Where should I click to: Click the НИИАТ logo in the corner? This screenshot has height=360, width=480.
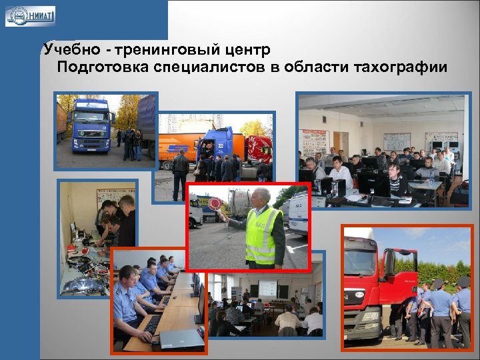pyautogui.click(x=30, y=15)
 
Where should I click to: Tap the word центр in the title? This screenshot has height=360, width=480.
pyautogui.click(x=246, y=50)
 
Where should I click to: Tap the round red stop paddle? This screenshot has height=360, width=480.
pyautogui.click(x=216, y=204)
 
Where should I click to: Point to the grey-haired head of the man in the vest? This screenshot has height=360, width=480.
pyautogui.click(x=261, y=197)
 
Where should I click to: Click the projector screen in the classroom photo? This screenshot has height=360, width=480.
pyautogui.click(x=268, y=288)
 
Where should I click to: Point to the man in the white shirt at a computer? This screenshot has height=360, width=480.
pyautogui.click(x=340, y=172)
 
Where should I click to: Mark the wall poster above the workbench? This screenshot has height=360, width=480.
pyautogui.click(x=107, y=198)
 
